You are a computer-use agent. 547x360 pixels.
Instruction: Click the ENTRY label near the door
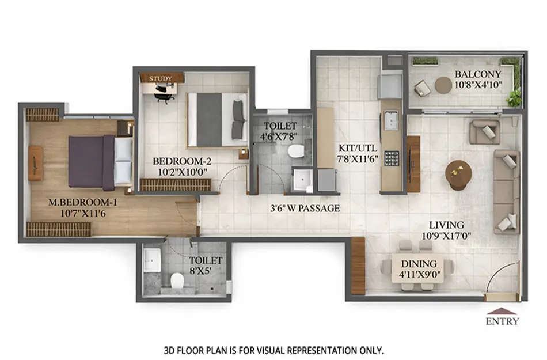click(502, 321)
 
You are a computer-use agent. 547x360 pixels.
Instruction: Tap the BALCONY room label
click(478, 74)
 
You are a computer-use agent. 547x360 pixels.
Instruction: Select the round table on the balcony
click(443, 85)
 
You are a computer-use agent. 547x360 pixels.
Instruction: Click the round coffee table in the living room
click(459, 173)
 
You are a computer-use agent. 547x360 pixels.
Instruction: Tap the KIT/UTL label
click(357, 147)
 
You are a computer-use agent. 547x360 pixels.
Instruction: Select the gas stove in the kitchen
click(392, 158)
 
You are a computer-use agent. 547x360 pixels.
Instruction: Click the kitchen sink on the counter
click(392, 120)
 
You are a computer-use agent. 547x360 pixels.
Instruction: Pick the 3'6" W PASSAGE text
click(305, 208)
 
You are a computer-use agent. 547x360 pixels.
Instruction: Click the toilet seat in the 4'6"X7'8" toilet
click(296, 151)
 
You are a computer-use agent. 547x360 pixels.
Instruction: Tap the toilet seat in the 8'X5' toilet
click(177, 281)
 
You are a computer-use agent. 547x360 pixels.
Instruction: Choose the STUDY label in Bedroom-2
click(160, 78)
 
